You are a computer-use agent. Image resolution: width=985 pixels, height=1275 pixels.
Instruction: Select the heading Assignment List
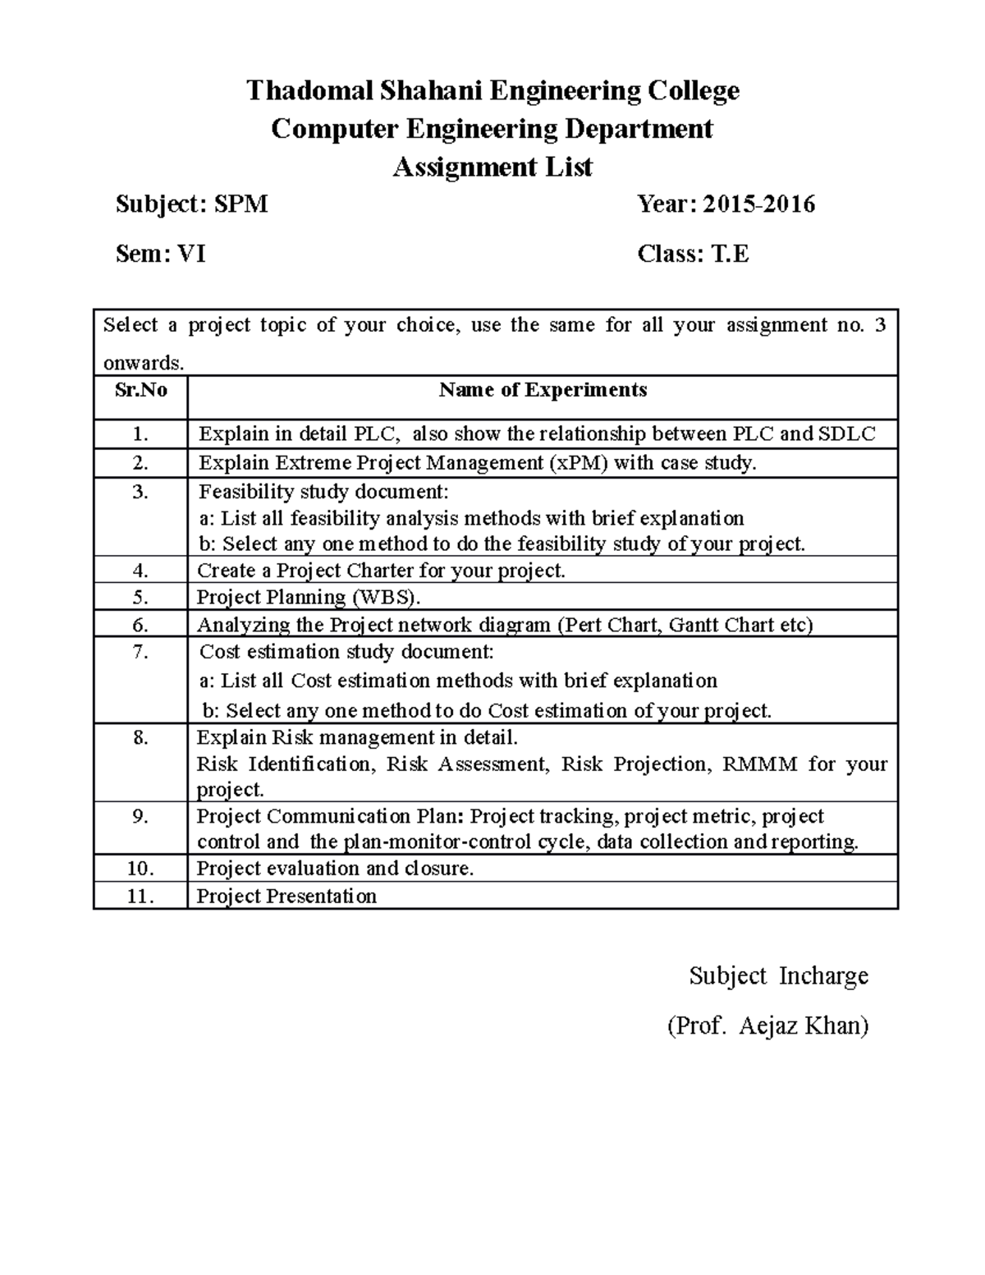tap(492, 167)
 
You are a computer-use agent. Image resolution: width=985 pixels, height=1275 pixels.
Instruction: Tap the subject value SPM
tap(241, 204)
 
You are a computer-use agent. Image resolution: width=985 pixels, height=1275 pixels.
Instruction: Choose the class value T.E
tap(730, 255)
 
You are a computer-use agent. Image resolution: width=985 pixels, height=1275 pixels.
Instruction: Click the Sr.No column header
tap(140, 390)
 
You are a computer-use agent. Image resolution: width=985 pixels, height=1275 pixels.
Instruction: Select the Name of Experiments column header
tap(543, 390)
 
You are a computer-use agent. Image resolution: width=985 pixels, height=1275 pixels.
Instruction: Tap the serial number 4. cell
tap(140, 571)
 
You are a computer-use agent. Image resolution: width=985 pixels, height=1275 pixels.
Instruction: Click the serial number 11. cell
tap(140, 897)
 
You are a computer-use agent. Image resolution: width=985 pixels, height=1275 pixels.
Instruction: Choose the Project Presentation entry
tap(286, 897)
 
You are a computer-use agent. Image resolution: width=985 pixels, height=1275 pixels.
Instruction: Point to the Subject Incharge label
tap(778, 976)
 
